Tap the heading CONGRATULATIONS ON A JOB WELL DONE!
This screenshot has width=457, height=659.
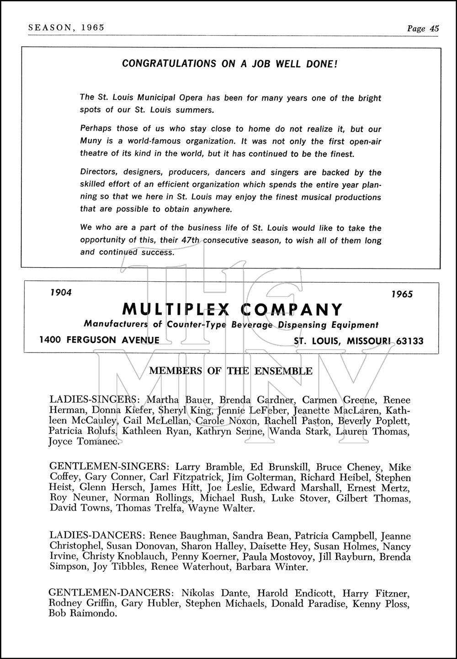coord(230,63)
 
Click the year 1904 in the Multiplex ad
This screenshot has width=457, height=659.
coord(61,292)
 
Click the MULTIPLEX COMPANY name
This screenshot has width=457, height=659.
coord(232,310)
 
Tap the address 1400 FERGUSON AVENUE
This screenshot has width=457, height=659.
coord(99,340)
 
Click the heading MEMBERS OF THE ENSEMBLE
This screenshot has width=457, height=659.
coord(231,371)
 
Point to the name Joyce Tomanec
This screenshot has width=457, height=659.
coord(85,442)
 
